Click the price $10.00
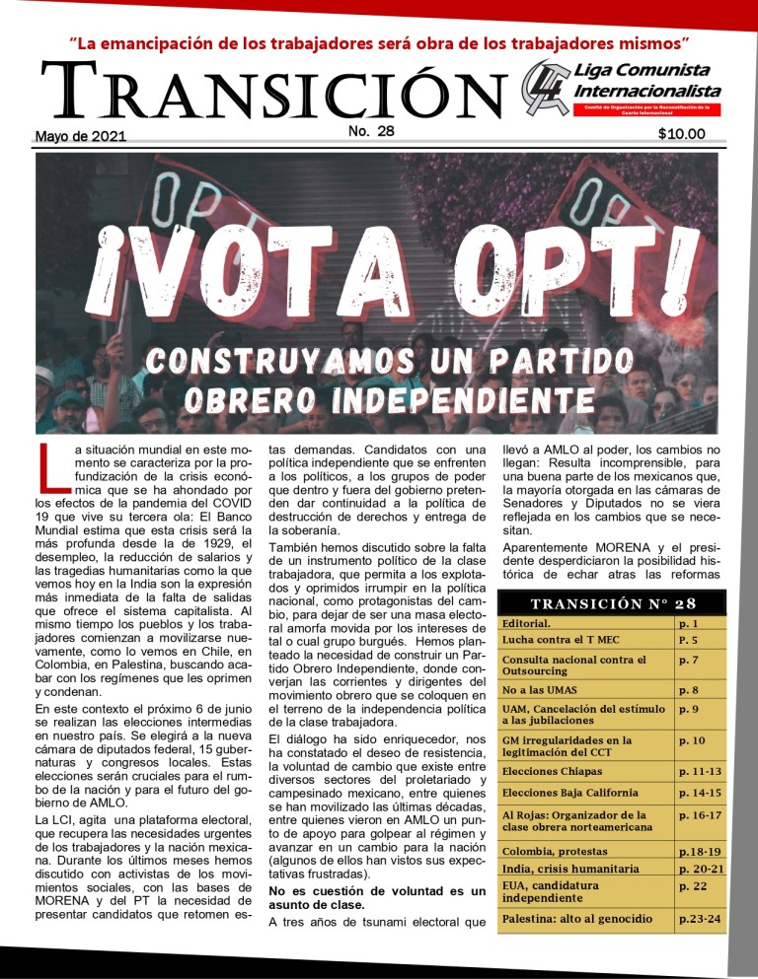coord(681,134)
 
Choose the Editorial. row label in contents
coord(527,624)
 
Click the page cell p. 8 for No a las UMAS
coord(688,690)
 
